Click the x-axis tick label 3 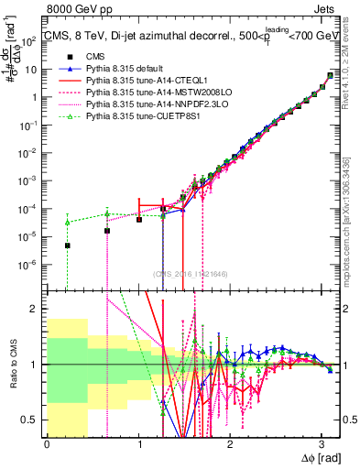322,443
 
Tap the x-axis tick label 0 47,443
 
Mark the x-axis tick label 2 230,443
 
